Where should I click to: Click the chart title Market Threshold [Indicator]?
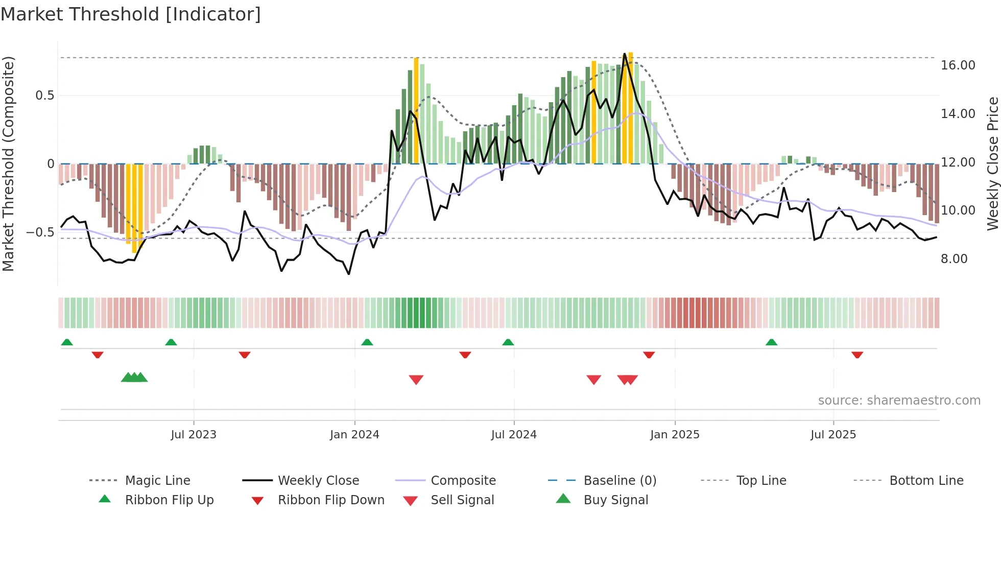(131, 14)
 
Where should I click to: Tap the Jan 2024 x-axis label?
(354, 435)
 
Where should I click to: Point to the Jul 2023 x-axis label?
(194, 435)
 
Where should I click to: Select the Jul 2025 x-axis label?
(833, 435)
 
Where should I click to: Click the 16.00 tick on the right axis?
(958, 65)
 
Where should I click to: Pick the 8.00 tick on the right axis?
(954, 259)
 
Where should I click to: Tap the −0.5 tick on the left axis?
(40, 232)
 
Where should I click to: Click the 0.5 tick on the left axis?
(44, 96)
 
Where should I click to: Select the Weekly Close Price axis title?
(992, 163)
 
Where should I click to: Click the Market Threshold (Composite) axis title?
(8, 163)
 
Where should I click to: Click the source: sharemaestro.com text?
(899, 401)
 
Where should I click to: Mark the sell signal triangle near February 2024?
(416, 380)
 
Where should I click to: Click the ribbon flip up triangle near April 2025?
(771, 342)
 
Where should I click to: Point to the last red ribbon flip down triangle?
(857, 355)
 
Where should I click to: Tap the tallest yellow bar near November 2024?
(631, 107)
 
